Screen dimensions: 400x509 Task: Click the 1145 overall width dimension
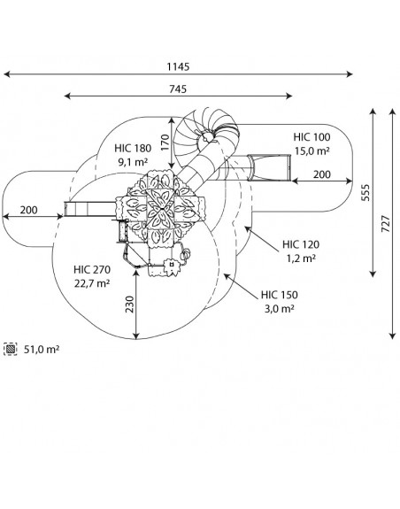click(x=178, y=67)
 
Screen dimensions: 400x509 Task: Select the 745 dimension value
click(x=178, y=89)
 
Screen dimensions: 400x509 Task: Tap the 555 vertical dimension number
click(x=365, y=193)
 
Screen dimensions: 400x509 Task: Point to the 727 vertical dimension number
click(x=386, y=223)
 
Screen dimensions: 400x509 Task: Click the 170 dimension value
click(x=165, y=143)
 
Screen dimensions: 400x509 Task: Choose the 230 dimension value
click(x=129, y=305)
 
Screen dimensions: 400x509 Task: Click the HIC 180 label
click(x=133, y=149)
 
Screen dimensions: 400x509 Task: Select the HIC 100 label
click(x=312, y=137)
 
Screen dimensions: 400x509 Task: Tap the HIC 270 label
click(x=92, y=269)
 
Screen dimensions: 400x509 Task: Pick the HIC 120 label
click(x=301, y=244)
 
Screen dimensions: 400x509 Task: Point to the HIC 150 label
click(x=280, y=295)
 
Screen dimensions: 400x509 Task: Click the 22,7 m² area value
click(x=92, y=283)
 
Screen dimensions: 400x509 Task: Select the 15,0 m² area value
click(x=312, y=151)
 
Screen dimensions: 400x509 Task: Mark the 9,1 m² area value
click(x=133, y=162)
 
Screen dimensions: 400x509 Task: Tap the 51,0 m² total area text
click(x=42, y=350)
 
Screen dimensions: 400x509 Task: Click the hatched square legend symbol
click(x=11, y=349)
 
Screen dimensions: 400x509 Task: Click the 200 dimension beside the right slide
click(x=322, y=174)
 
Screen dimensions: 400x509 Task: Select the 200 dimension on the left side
click(x=28, y=210)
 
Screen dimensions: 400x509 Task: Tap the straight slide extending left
click(x=90, y=209)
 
